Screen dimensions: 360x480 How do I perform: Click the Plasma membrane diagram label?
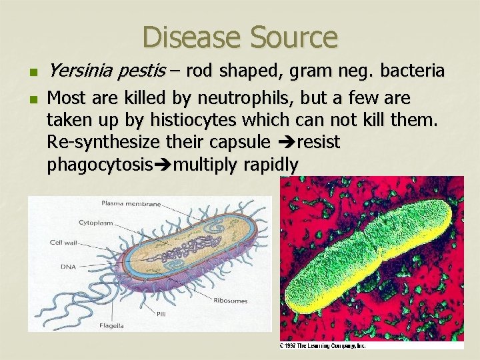click(x=131, y=203)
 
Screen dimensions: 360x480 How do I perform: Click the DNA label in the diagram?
click(x=68, y=266)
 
